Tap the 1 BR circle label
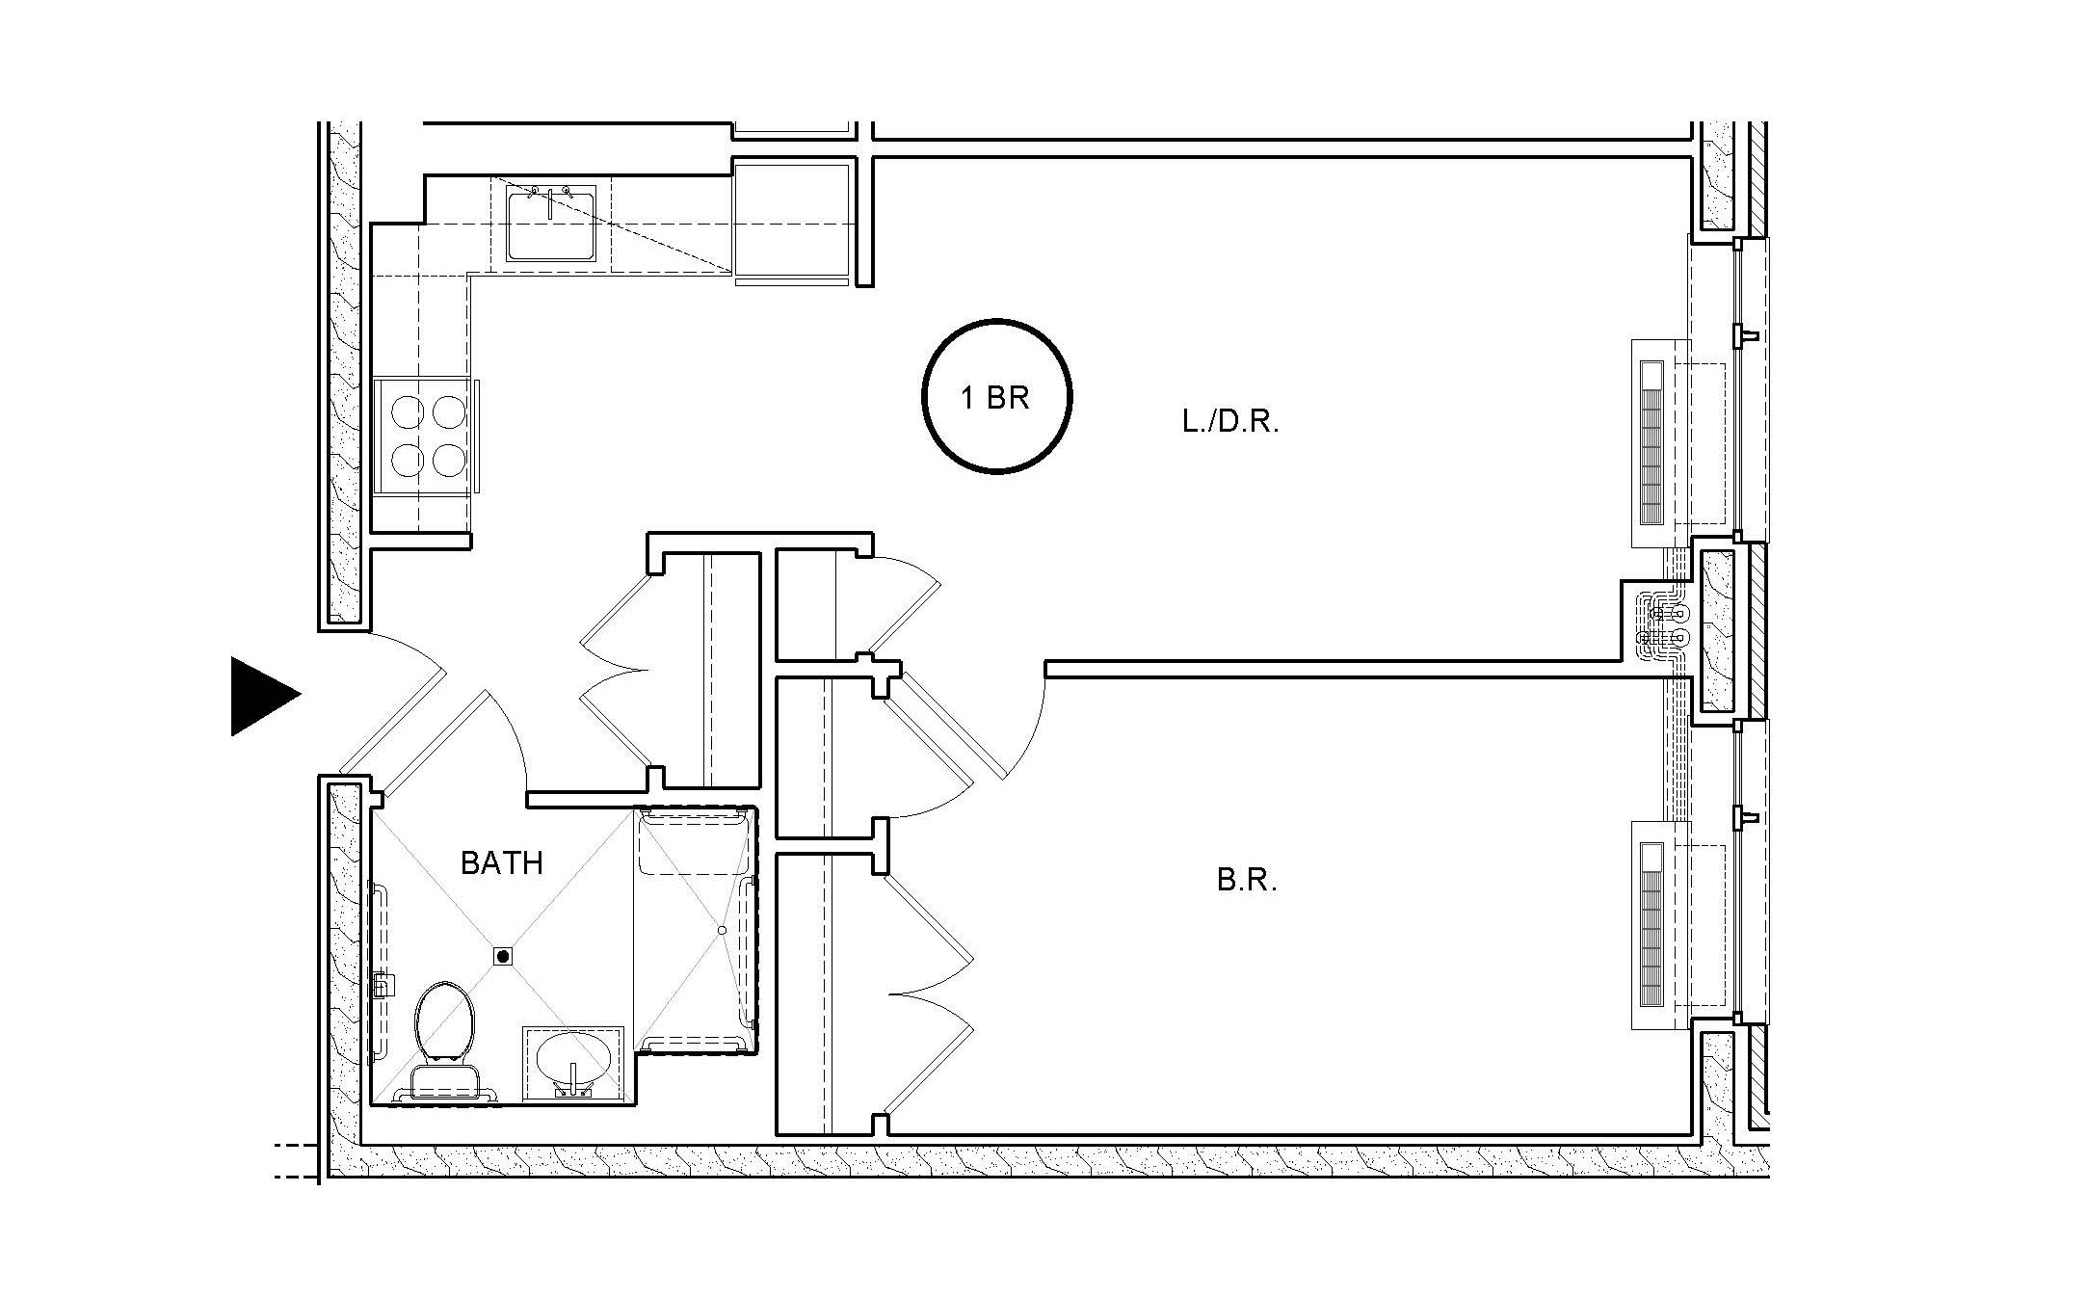click(x=996, y=397)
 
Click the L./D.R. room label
click(x=1230, y=422)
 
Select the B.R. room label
click(x=1247, y=881)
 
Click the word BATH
click(x=501, y=863)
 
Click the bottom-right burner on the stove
click(x=449, y=460)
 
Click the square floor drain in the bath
click(x=502, y=956)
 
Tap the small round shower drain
click(x=721, y=930)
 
